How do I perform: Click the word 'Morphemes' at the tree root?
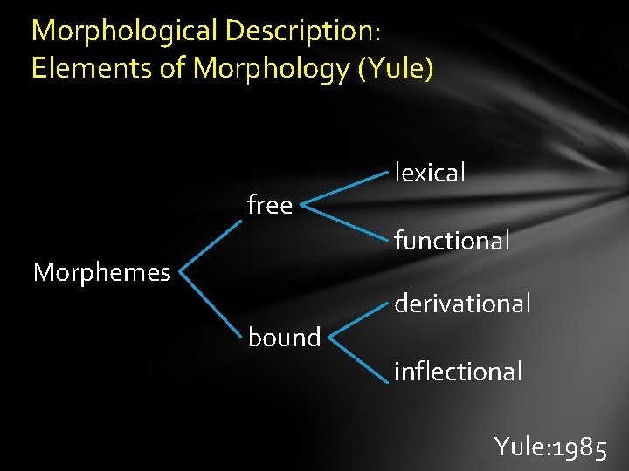(x=101, y=273)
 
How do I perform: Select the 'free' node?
(x=270, y=206)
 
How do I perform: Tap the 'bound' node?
(x=284, y=338)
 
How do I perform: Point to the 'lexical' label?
(x=430, y=173)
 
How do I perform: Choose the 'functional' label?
(x=452, y=241)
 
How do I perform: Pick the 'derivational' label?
(x=462, y=304)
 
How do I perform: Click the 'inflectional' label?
(x=458, y=372)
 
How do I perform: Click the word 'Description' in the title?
(x=298, y=31)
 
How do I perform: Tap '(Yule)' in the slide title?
(x=395, y=68)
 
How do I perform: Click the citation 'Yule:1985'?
(x=550, y=447)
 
